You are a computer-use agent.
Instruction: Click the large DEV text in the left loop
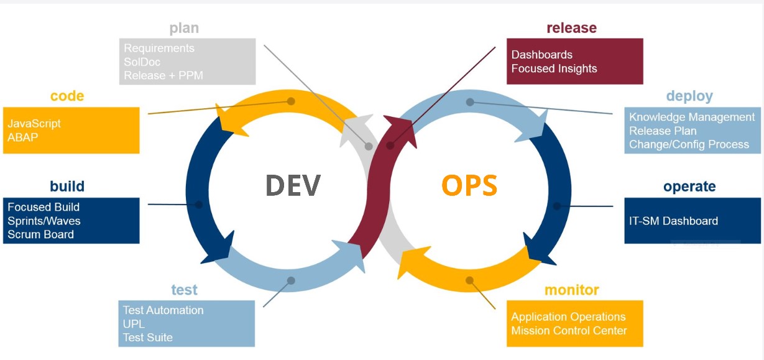tap(293, 185)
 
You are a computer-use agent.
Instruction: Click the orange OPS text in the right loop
tap(469, 185)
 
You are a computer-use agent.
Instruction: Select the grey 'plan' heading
tap(184, 29)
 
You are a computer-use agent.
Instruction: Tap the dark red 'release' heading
tap(571, 28)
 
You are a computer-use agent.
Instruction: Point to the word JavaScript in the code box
tap(34, 124)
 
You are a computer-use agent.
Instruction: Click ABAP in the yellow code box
tap(22, 137)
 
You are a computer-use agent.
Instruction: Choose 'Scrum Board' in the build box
tap(40, 234)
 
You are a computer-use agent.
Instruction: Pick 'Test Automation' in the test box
tap(163, 310)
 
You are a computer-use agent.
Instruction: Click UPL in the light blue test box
tap(134, 324)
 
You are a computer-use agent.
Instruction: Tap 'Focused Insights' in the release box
tap(554, 68)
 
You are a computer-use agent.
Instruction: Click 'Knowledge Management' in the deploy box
tap(692, 117)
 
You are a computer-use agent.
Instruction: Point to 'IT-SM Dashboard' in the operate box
tap(673, 221)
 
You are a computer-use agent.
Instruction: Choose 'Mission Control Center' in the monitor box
tap(569, 331)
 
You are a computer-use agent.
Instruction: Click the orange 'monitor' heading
tap(571, 290)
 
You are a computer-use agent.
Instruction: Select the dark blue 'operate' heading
tap(689, 187)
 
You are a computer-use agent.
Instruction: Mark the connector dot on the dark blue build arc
tap(198, 205)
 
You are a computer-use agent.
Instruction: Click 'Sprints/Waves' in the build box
tap(44, 221)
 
